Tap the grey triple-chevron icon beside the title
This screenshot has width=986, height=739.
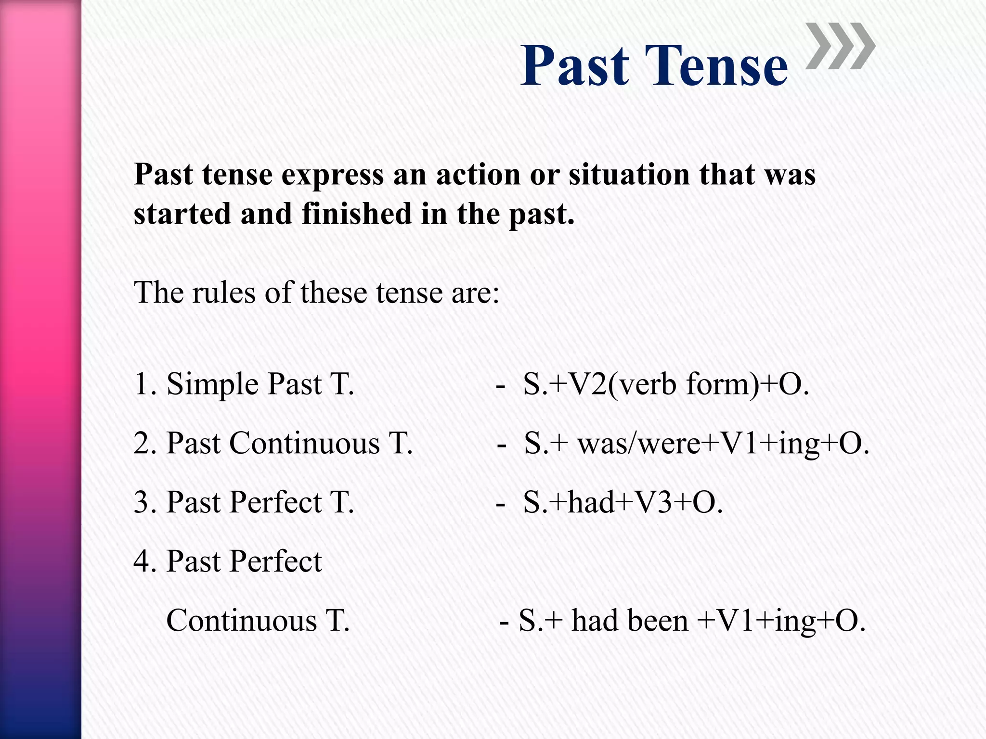tap(840, 46)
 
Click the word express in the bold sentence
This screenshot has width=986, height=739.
tap(332, 175)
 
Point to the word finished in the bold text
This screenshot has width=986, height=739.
tap(357, 214)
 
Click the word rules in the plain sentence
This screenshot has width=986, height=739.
tap(224, 292)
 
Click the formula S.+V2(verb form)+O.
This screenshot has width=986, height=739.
tap(666, 384)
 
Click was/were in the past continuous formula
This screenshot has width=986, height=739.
tap(639, 443)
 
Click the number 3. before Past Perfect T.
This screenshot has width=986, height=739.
tap(145, 502)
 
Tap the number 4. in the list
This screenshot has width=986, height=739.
tap(145, 561)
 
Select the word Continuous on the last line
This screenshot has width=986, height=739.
tap(242, 621)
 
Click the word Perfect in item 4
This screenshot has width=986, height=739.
tap(275, 561)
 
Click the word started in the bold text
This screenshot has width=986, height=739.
tap(182, 214)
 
